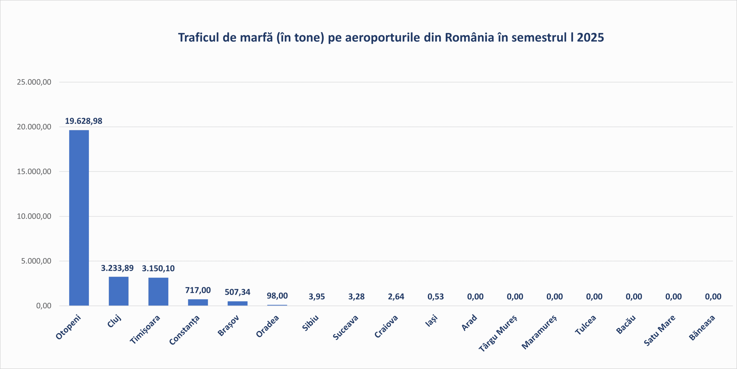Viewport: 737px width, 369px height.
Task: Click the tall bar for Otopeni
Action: pyautogui.click(x=79, y=217)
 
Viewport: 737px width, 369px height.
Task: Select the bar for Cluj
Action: pyautogui.click(x=119, y=291)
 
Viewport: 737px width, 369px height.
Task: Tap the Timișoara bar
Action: pyautogui.click(x=158, y=292)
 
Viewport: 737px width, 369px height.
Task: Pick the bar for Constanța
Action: pyautogui.click(x=198, y=302)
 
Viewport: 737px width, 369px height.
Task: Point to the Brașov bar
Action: pyautogui.click(x=238, y=303)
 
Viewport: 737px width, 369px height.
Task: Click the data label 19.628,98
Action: pyautogui.click(x=83, y=121)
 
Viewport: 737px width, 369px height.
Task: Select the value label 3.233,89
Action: pyautogui.click(x=117, y=268)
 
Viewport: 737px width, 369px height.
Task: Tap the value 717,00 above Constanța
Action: pyautogui.click(x=198, y=290)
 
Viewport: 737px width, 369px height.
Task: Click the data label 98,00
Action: pyautogui.click(x=277, y=296)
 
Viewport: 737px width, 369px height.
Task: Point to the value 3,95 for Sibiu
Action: pyautogui.click(x=317, y=296)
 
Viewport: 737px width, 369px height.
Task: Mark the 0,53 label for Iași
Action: pyautogui.click(x=436, y=296)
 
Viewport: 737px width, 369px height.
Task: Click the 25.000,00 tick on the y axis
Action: pyautogui.click(x=34, y=82)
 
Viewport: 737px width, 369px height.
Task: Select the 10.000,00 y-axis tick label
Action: pyautogui.click(x=34, y=216)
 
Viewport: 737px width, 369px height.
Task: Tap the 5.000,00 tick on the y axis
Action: pyautogui.click(x=36, y=261)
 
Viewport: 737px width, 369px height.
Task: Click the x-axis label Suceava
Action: pyautogui.click(x=345, y=327)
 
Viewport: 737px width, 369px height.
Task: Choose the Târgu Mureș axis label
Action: pyautogui.click(x=498, y=333)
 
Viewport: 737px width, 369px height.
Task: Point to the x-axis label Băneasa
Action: pyautogui.click(x=702, y=328)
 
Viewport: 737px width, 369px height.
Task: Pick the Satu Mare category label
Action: pyautogui.click(x=659, y=330)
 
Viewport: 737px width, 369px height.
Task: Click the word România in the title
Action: pyautogui.click(x=470, y=37)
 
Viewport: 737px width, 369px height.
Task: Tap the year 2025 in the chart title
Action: pyautogui.click(x=590, y=37)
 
